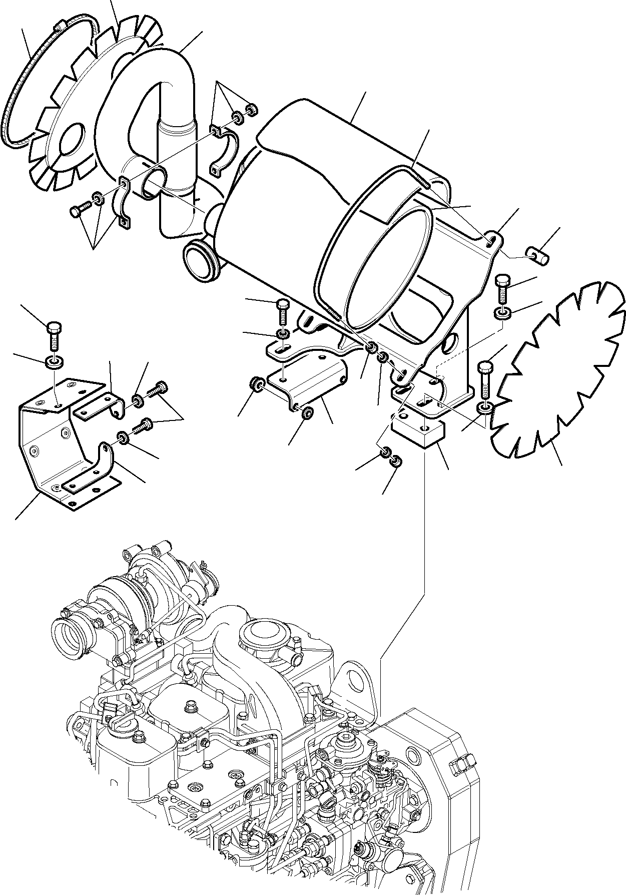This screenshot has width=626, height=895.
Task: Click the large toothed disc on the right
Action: (x=555, y=370)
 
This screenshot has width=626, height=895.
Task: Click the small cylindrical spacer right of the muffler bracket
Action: (x=540, y=256)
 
